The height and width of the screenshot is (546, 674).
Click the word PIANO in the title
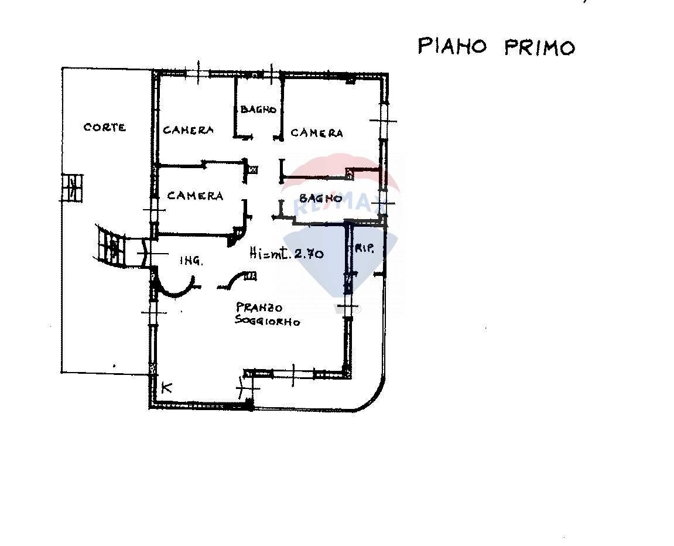(451, 46)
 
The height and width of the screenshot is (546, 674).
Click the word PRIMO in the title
(539, 47)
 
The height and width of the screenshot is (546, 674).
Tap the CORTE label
(105, 127)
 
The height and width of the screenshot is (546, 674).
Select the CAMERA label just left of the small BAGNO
(188, 130)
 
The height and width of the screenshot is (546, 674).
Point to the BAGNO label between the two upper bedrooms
(258, 110)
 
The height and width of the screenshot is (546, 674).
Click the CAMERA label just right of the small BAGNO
(317, 133)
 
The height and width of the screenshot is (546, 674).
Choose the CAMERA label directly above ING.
(195, 196)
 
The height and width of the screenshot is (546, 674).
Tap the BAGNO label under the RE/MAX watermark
(320, 199)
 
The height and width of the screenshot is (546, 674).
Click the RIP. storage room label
(364, 248)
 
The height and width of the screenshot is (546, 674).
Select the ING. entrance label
(191, 261)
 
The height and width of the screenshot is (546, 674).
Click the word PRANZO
(259, 308)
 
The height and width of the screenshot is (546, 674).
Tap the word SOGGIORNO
(268, 321)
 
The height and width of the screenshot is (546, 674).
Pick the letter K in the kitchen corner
(166, 387)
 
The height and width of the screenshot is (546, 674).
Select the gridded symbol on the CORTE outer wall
(73, 188)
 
